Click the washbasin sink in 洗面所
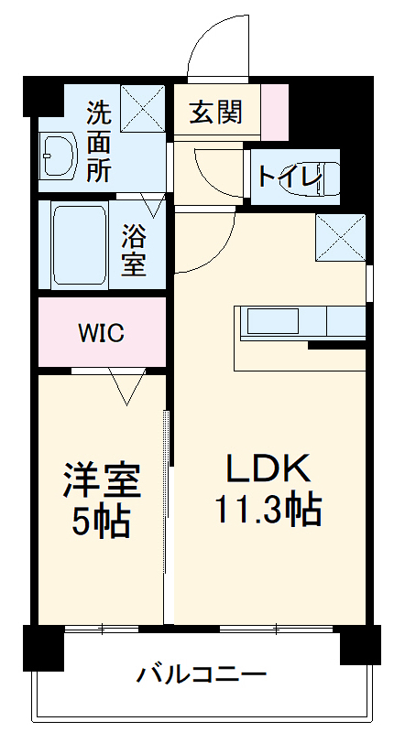pyautogui.click(x=59, y=156)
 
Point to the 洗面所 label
pyautogui.click(x=98, y=142)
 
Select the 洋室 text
pyautogui.click(x=101, y=481)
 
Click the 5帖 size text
pyautogui.click(x=101, y=522)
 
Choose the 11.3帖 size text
pyautogui.click(x=268, y=509)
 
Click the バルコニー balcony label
pyautogui.click(x=202, y=677)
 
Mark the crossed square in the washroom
pyautogui.click(x=142, y=106)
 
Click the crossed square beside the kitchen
pyautogui.click(x=340, y=237)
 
